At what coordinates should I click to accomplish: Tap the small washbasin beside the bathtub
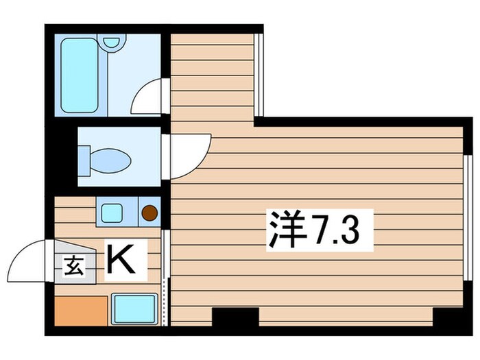click(x=111, y=41)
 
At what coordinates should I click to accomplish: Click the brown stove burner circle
click(x=149, y=213)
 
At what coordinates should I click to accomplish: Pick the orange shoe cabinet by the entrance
click(x=81, y=311)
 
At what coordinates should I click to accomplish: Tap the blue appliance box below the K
click(x=134, y=309)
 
